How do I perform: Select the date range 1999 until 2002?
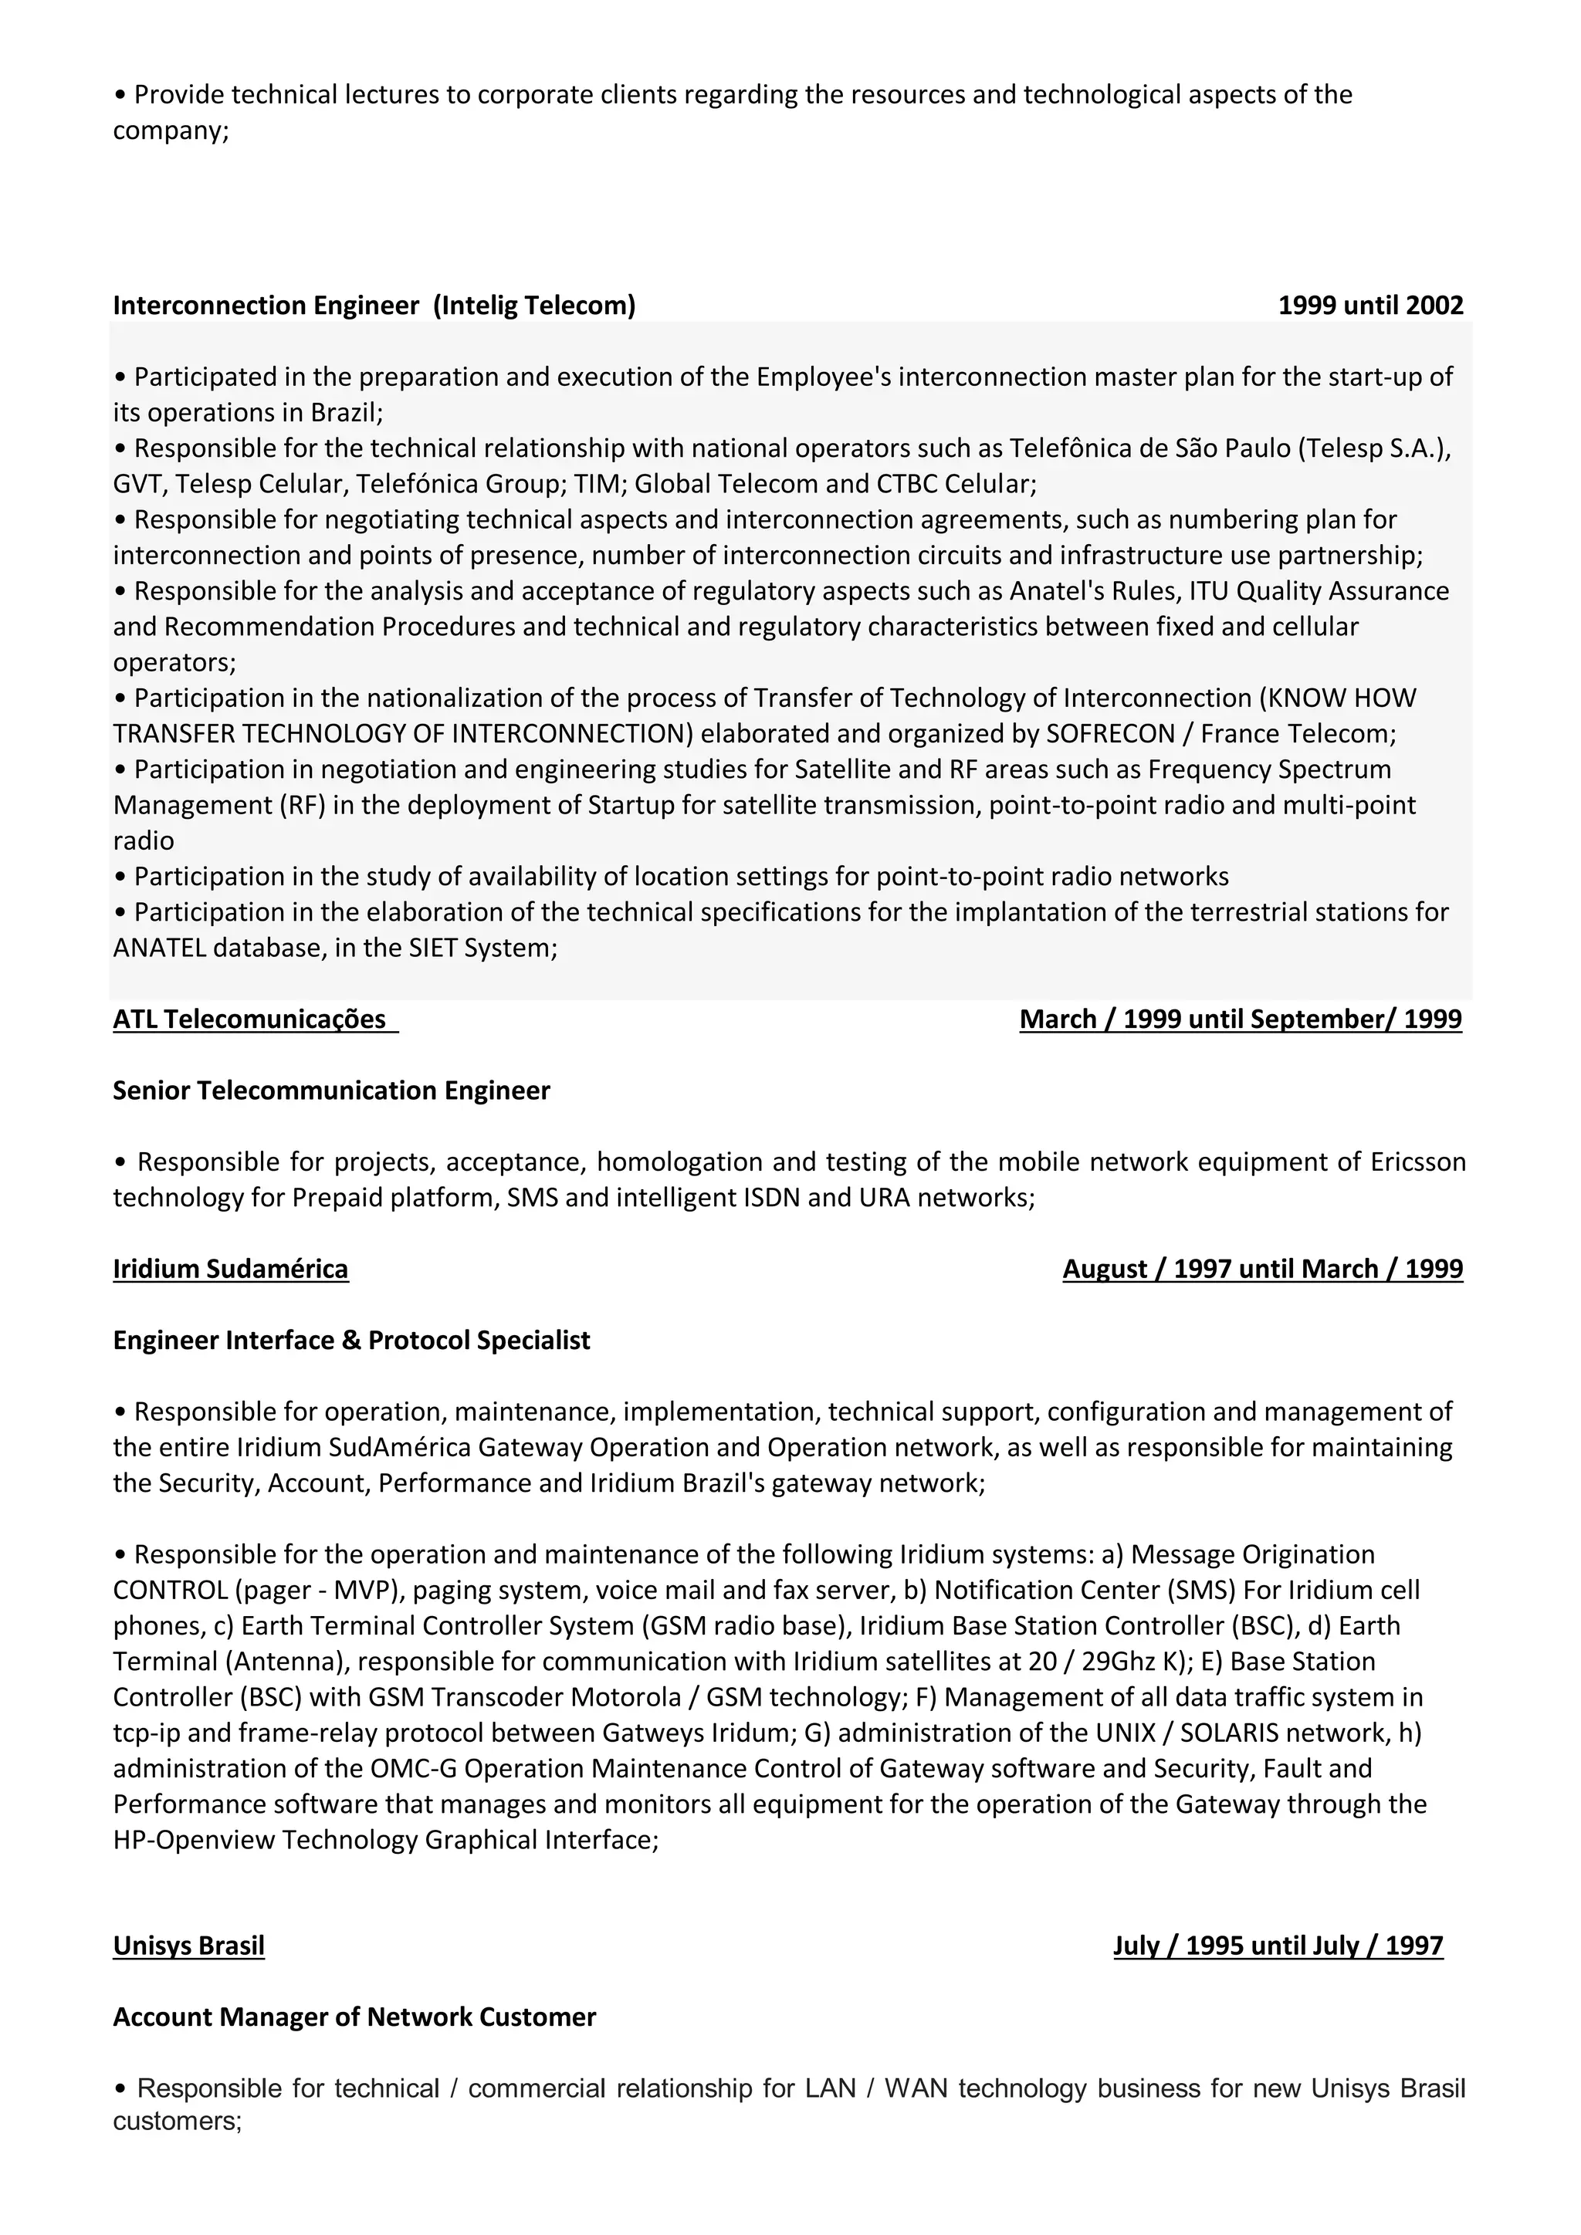[1369, 306]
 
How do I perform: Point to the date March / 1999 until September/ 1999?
[1241, 1019]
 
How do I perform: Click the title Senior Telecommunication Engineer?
[331, 1090]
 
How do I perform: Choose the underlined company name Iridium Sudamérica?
[231, 1270]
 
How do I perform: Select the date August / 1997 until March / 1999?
[1263, 1270]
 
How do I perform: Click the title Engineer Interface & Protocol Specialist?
[351, 1341]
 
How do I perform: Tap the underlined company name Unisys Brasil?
[189, 1946]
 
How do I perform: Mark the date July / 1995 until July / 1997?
[1278, 1946]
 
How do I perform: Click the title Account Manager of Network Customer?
[354, 2017]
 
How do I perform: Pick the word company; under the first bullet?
[171, 130]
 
